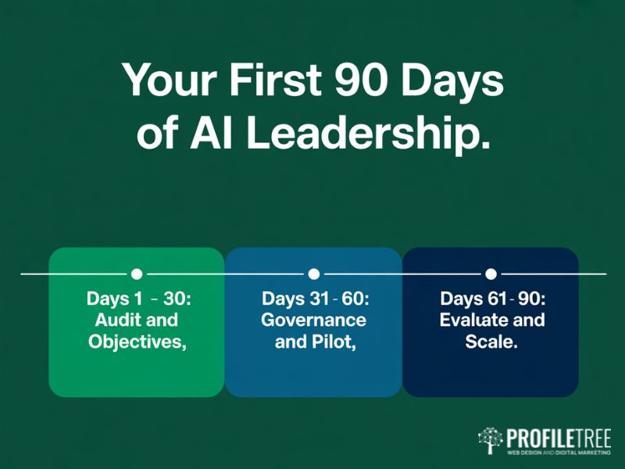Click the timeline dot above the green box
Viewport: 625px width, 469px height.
pyautogui.click(x=137, y=274)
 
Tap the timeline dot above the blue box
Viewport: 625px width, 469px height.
pyautogui.click(x=313, y=274)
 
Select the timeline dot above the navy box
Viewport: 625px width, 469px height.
pyautogui.click(x=491, y=274)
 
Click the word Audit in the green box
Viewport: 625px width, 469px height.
pyautogui.click(x=116, y=320)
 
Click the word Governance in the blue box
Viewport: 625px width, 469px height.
pyautogui.click(x=313, y=320)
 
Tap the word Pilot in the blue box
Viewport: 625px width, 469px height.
pyautogui.click(x=332, y=341)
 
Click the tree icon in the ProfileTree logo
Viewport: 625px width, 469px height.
pyautogui.click(x=490, y=440)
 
